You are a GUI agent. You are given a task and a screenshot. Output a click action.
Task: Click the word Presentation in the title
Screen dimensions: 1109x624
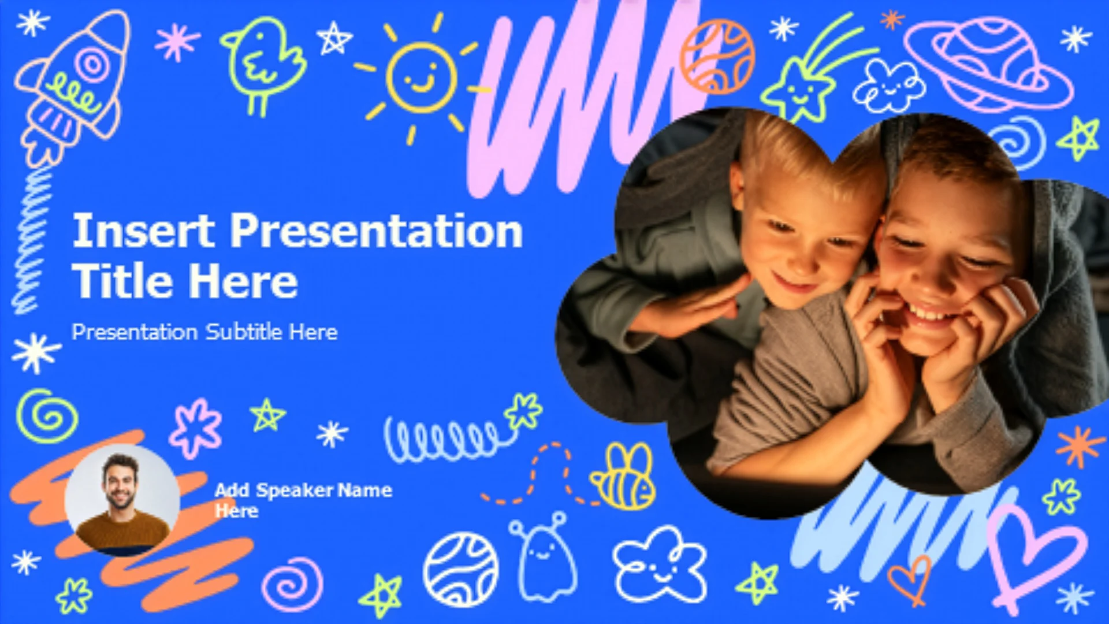(x=377, y=231)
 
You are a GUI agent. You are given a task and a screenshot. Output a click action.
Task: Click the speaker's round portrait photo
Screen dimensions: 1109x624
(x=122, y=500)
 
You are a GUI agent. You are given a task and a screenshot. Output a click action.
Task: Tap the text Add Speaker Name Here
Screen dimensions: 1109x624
(x=303, y=500)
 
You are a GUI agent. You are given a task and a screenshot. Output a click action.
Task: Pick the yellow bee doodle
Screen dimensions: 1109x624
(x=623, y=477)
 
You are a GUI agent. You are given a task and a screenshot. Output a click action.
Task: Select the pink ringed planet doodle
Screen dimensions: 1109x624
(x=988, y=64)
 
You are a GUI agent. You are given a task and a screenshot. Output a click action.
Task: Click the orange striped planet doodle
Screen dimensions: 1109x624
(x=717, y=57)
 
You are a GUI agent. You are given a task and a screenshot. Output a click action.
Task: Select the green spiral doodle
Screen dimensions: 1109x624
(x=47, y=416)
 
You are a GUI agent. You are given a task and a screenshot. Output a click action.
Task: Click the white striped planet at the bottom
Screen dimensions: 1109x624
(x=460, y=570)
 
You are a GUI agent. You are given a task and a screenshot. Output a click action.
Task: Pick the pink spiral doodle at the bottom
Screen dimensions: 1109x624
(x=292, y=584)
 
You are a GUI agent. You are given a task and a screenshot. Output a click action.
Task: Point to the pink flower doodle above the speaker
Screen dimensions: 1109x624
(x=195, y=428)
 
